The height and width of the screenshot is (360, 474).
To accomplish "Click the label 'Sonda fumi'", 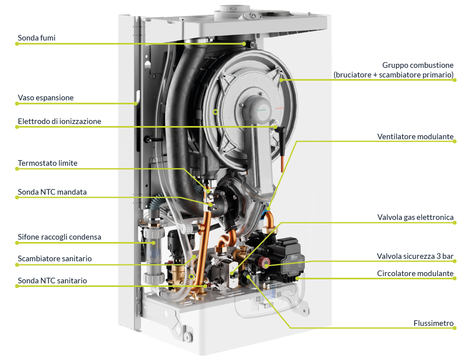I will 36,38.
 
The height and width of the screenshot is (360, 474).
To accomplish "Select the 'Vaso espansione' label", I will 46,98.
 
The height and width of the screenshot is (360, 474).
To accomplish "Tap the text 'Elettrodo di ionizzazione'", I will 59,121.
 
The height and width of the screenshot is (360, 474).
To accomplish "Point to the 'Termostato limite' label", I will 48,163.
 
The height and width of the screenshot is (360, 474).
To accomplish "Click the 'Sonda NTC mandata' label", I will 52,192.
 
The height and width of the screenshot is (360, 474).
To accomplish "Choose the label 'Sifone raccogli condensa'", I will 59,237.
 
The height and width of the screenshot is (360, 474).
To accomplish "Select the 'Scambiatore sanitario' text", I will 55,259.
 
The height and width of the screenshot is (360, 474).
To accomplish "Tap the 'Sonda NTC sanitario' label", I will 52,281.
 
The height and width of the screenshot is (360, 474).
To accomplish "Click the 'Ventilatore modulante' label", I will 415,136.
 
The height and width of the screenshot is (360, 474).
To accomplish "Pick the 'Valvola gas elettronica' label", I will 415,218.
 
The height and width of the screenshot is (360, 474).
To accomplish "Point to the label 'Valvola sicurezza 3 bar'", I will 415,256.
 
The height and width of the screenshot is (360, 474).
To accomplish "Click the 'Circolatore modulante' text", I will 415,274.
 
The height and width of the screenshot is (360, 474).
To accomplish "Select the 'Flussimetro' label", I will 433,323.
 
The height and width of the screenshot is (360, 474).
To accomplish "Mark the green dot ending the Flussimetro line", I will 454,328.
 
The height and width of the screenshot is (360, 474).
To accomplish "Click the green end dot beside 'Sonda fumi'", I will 17,43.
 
